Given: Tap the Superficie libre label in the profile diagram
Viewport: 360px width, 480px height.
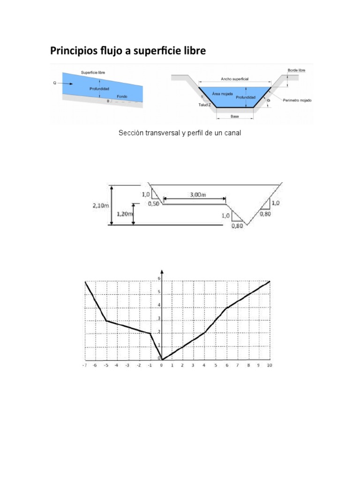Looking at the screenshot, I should click(x=92, y=73).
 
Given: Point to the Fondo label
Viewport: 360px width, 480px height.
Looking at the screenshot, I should click(x=122, y=97).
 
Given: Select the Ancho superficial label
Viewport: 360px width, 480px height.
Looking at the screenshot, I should click(x=234, y=80).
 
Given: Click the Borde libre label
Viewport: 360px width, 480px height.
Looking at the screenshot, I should click(x=296, y=70).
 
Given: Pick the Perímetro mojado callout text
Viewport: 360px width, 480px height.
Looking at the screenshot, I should click(x=297, y=100).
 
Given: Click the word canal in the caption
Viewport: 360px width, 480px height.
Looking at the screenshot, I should click(x=232, y=134).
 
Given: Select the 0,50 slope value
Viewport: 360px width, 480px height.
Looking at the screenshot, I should click(x=153, y=204).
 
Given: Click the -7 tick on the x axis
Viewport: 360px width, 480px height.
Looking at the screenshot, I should click(x=85, y=365).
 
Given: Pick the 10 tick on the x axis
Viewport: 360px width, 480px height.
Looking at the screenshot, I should click(x=269, y=365).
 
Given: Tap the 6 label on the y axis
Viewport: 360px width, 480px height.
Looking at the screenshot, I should click(x=159, y=278).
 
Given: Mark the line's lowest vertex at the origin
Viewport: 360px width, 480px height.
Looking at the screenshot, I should click(x=162, y=360).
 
